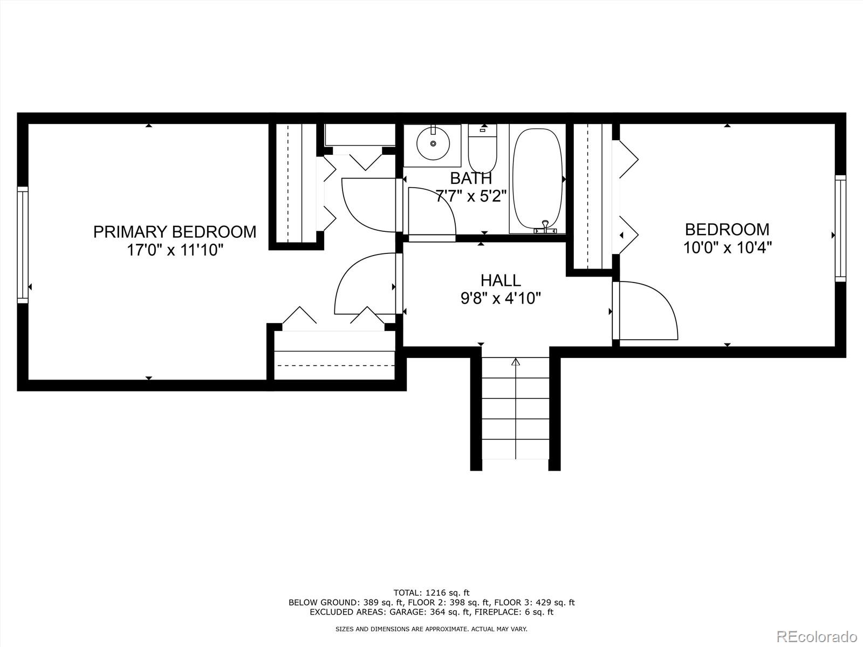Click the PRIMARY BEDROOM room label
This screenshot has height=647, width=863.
click(x=174, y=232)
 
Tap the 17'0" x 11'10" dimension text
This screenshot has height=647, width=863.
click(x=174, y=250)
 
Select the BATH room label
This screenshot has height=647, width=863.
click(x=471, y=178)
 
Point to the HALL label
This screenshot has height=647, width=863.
click(x=501, y=280)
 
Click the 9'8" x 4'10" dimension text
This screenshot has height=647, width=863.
click(x=501, y=298)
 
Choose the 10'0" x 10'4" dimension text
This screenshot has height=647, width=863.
click(x=727, y=248)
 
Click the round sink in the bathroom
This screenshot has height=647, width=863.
click(x=433, y=143)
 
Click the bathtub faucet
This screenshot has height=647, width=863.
click(x=545, y=228)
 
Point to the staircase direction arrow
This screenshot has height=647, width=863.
click(x=516, y=362)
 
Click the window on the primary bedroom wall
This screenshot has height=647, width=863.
click(x=22, y=244)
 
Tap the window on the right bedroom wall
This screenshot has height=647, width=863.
click(x=840, y=228)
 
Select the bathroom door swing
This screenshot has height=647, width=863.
click(x=432, y=211)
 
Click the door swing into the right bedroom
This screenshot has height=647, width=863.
click(x=647, y=311)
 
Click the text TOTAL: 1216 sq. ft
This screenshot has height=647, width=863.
click(x=432, y=593)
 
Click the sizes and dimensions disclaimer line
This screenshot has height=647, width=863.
click(x=432, y=629)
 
